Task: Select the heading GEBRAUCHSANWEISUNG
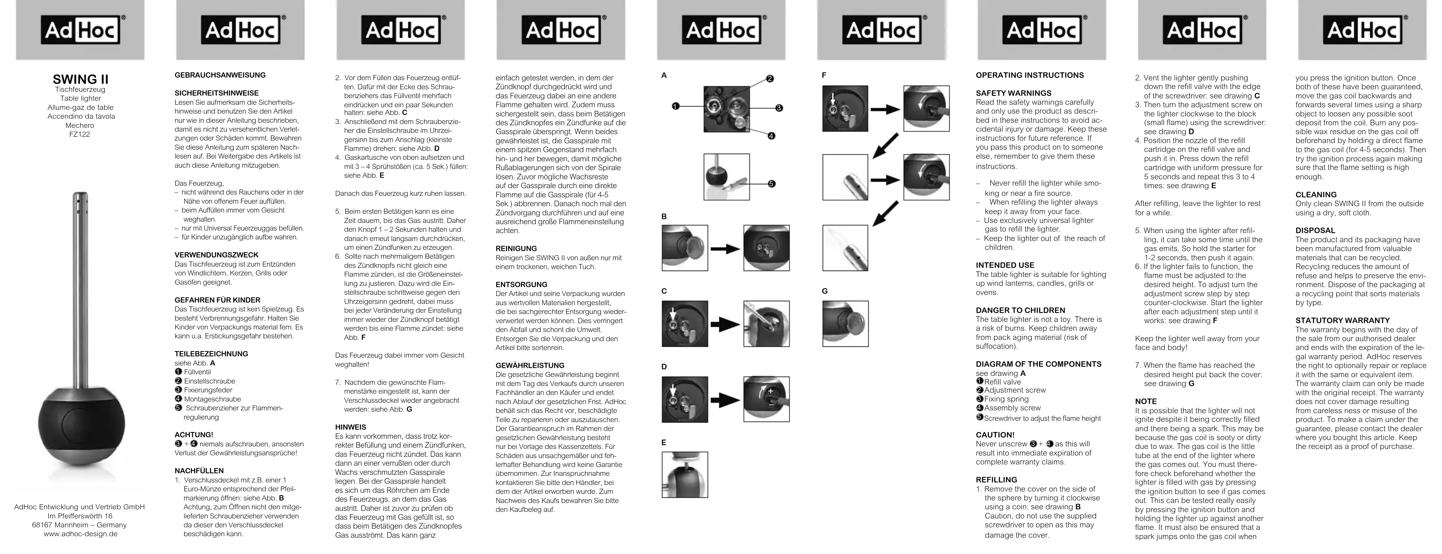coord(220,75)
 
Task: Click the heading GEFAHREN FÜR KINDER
coord(217,300)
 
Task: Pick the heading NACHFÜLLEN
coord(199,471)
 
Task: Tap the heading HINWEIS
coord(350,427)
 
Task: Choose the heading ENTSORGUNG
coord(521,285)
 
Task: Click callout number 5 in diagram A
coord(771,184)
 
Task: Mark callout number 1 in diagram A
coord(676,107)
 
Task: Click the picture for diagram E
coord(684,474)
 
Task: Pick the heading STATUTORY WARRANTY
coord(1342,320)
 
